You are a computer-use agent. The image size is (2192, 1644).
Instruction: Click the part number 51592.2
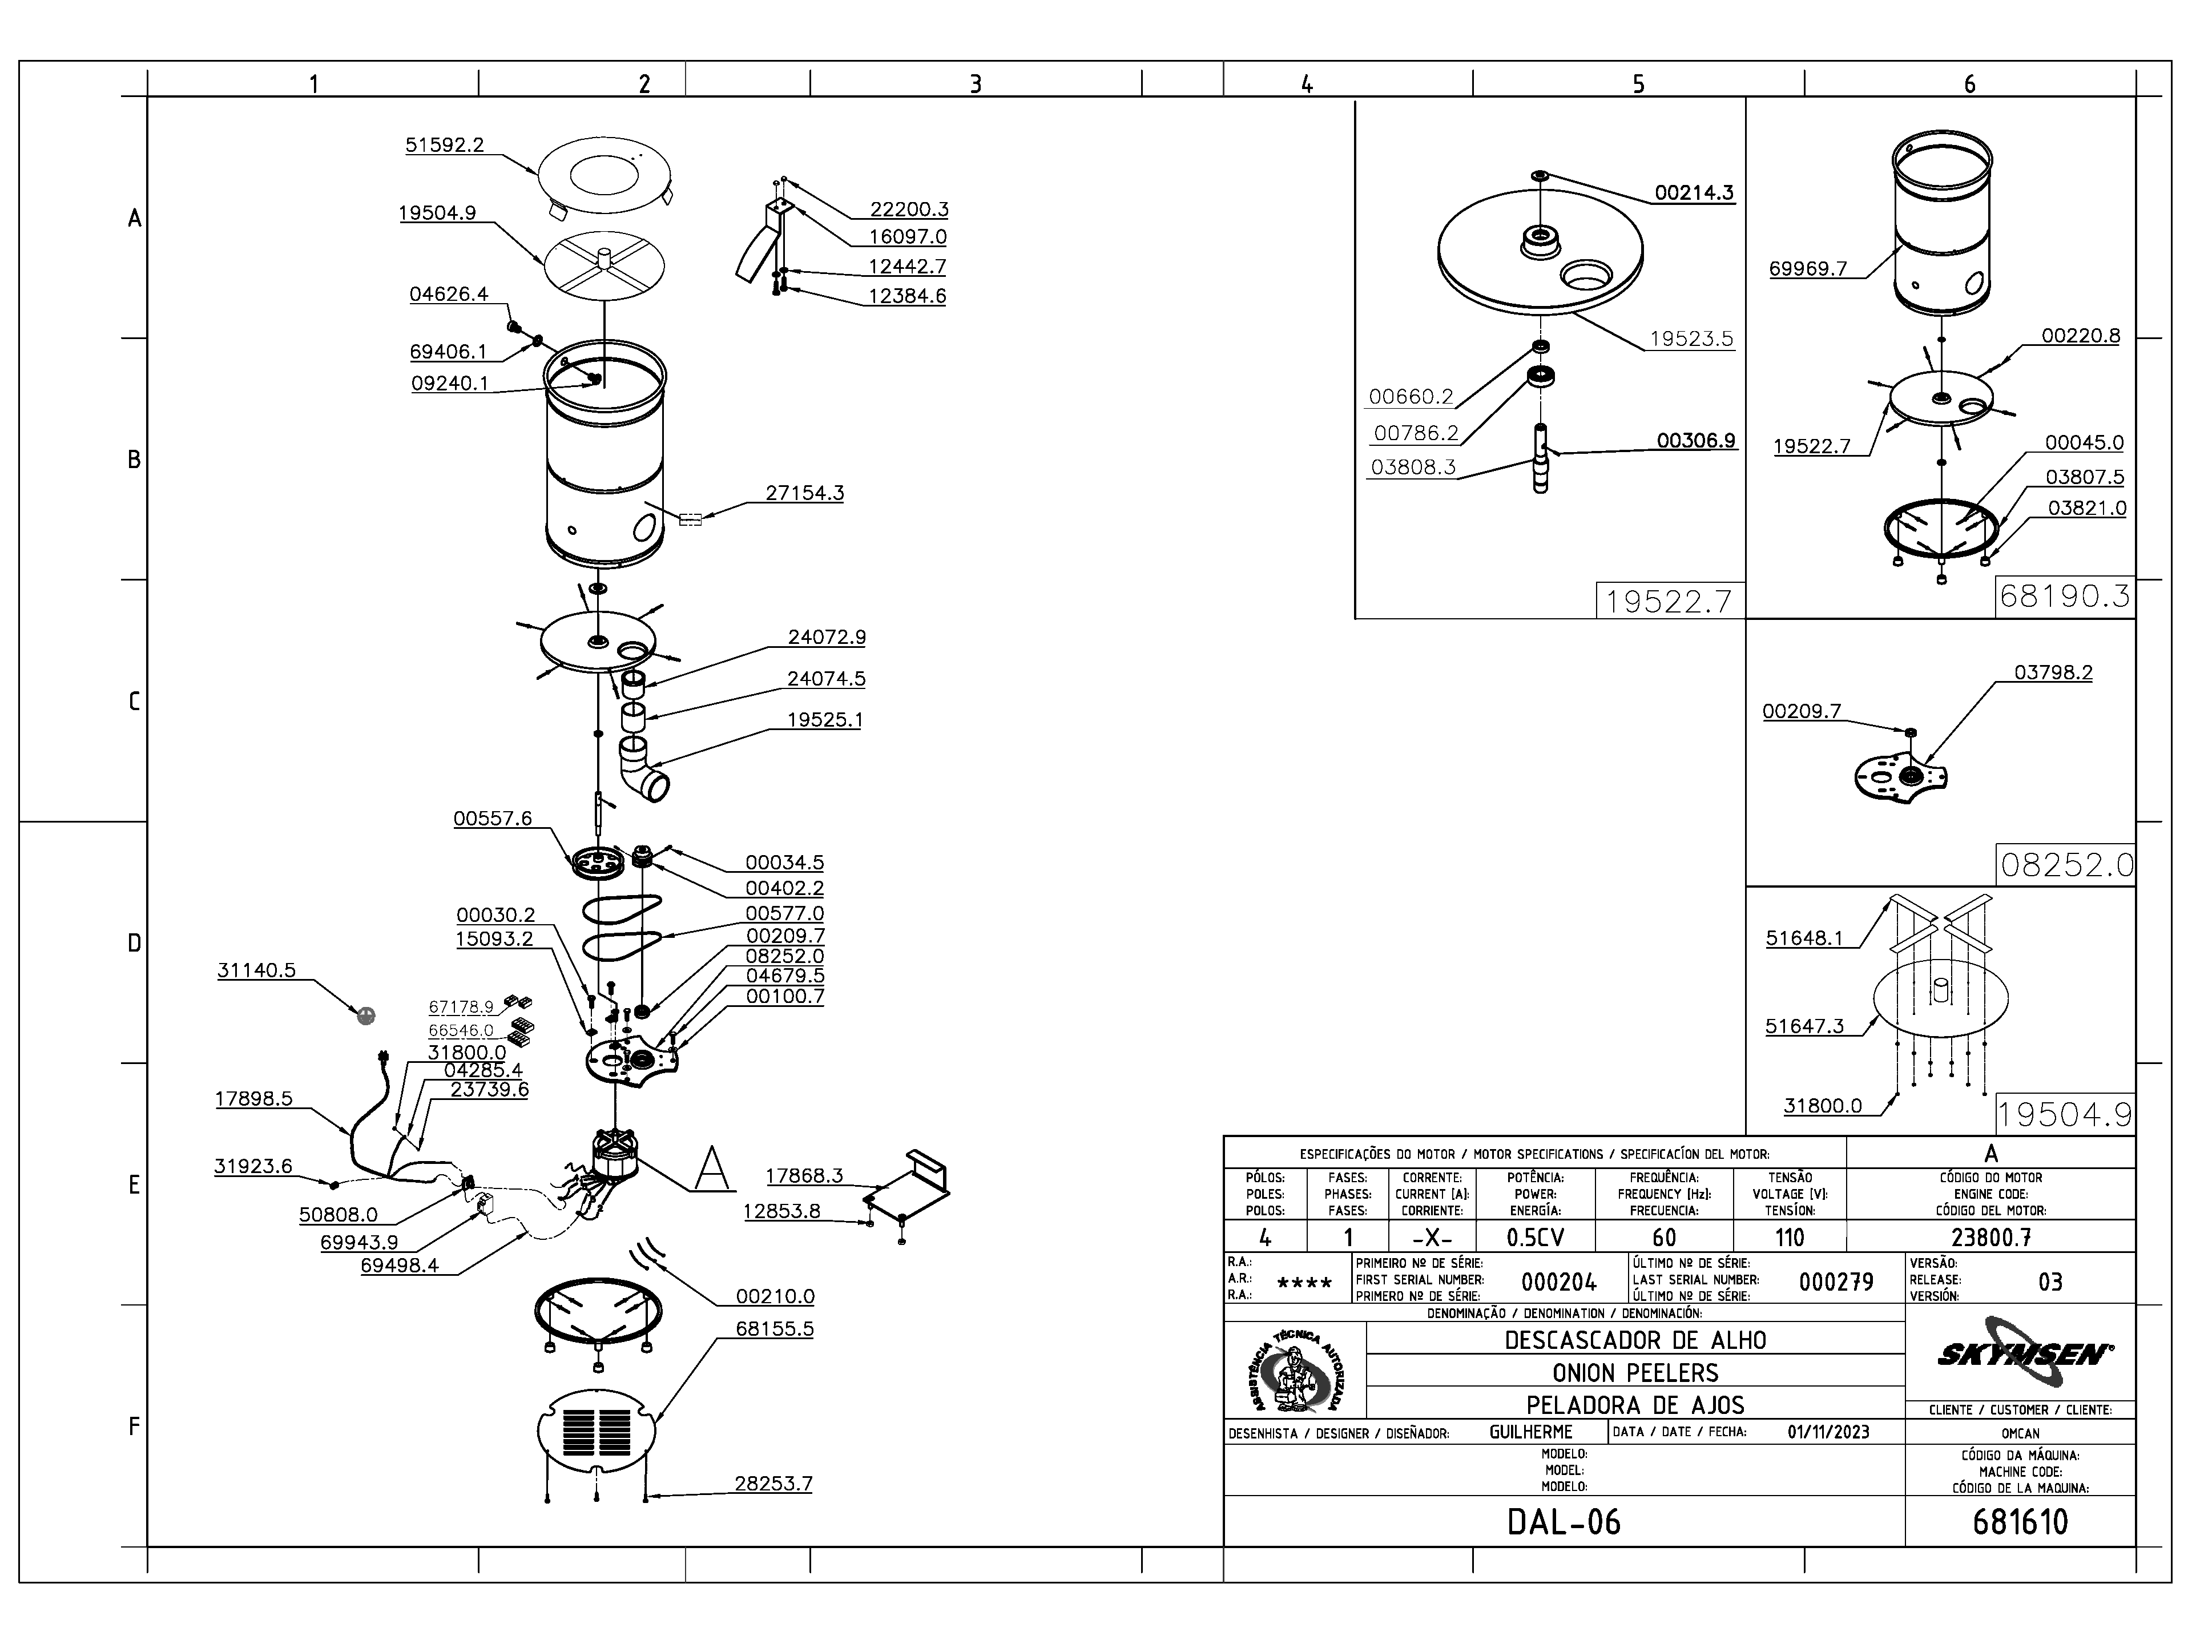click(444, 144)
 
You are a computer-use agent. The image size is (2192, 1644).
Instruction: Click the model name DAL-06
click(1564, 1521)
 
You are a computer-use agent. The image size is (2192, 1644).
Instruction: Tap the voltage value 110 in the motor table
click(1790, 1238)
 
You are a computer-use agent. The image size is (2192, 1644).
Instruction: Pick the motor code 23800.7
click(1991, 1238)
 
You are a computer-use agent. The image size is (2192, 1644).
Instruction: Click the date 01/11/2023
click(1828, 1432)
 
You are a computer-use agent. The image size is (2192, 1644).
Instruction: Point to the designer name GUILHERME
click(1531, 1432)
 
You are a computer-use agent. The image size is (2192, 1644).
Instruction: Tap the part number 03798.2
click(2053, 673)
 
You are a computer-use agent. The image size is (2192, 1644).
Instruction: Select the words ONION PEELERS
click(1635, 1372)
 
